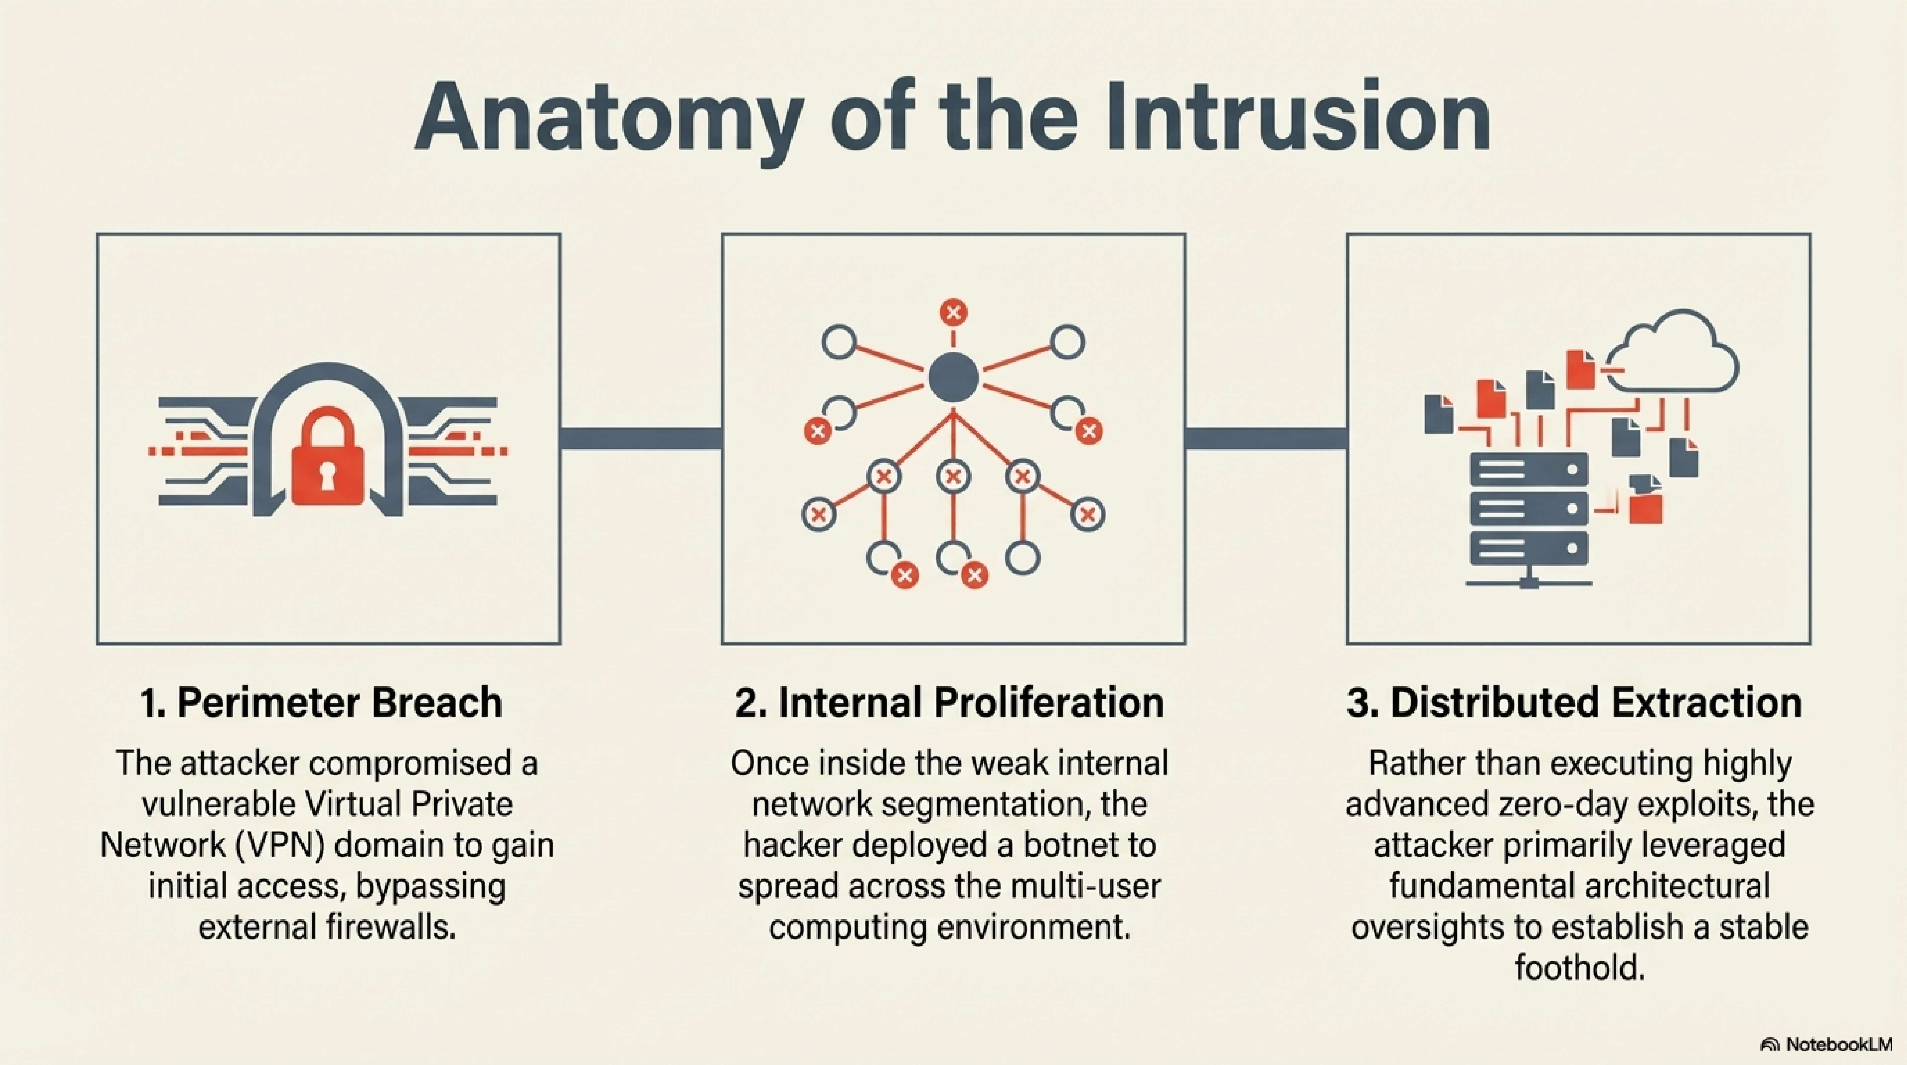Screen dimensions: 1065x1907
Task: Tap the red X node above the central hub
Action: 953,313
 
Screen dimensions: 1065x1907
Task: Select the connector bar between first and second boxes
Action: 641,438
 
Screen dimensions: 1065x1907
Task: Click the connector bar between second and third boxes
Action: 1266,438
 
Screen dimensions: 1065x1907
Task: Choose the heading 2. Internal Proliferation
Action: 949,702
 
